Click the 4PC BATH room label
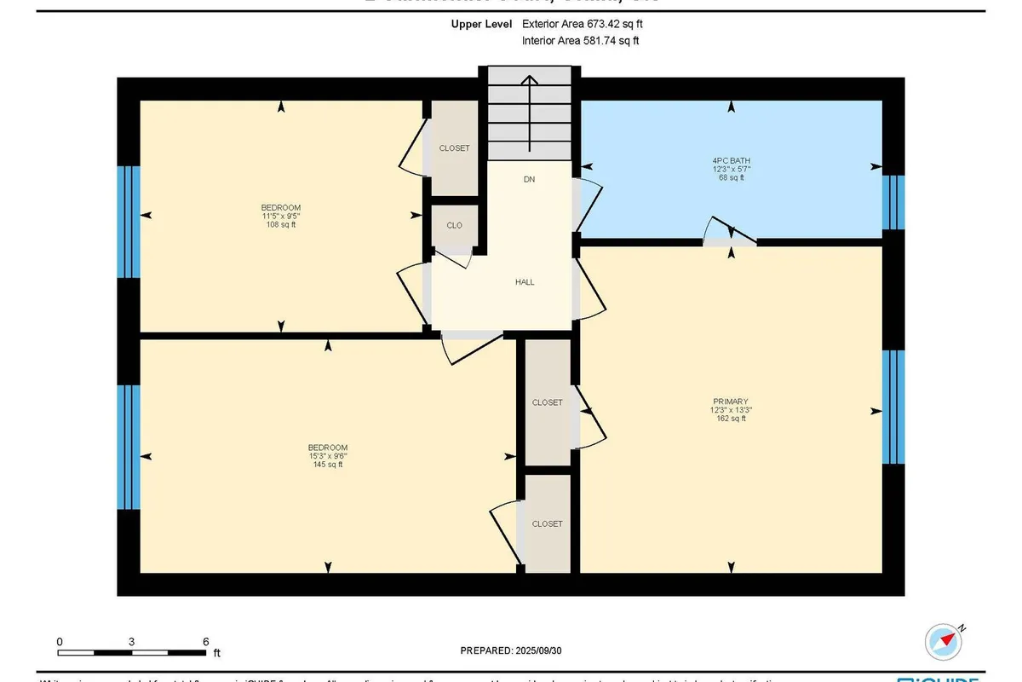pos(731,160)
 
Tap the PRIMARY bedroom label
pos(731,401)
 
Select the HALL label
pos(525,282)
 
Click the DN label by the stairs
pos(529,180)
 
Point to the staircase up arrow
pos(529,111)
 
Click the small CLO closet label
pos(454,226)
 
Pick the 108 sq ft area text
pos(280,225)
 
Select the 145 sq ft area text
pos(328,465)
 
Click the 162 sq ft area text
pos(731,419)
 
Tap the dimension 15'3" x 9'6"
pos(328,456)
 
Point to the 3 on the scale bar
pos(132,641)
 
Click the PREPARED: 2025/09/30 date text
pos(511,650)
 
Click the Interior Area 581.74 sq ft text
pos(580,40)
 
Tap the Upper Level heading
pos(481,25)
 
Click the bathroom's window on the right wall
pos(892,203)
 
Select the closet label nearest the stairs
pos(454,148)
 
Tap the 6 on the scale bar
pos(205,641)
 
